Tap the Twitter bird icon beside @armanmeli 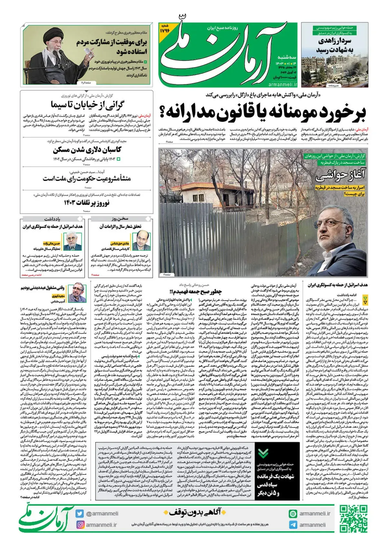point(80,514)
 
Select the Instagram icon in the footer point(80,525)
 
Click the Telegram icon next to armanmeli point(293,525)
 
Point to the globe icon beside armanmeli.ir point(293,514)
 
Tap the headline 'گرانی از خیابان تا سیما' point(87,105)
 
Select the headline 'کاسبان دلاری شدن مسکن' point(87,150)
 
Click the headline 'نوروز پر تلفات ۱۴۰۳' point(87,203)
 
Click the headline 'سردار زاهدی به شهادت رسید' point(335,45)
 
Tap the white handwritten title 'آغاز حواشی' point(340,175)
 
